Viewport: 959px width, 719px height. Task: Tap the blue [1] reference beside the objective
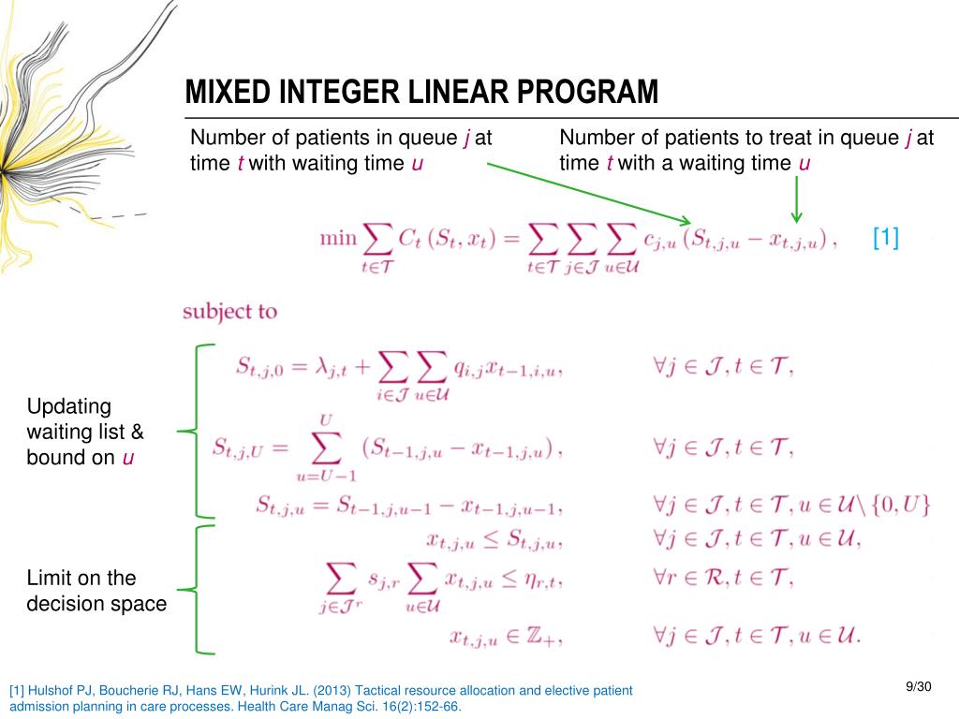885,238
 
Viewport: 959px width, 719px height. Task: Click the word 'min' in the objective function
338,238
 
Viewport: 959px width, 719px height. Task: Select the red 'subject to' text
229,311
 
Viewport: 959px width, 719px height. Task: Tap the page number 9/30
921,688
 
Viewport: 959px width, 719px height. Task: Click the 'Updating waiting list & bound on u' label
85,433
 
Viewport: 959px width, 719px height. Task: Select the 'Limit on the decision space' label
96,591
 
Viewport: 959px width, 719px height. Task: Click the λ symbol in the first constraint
335,370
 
